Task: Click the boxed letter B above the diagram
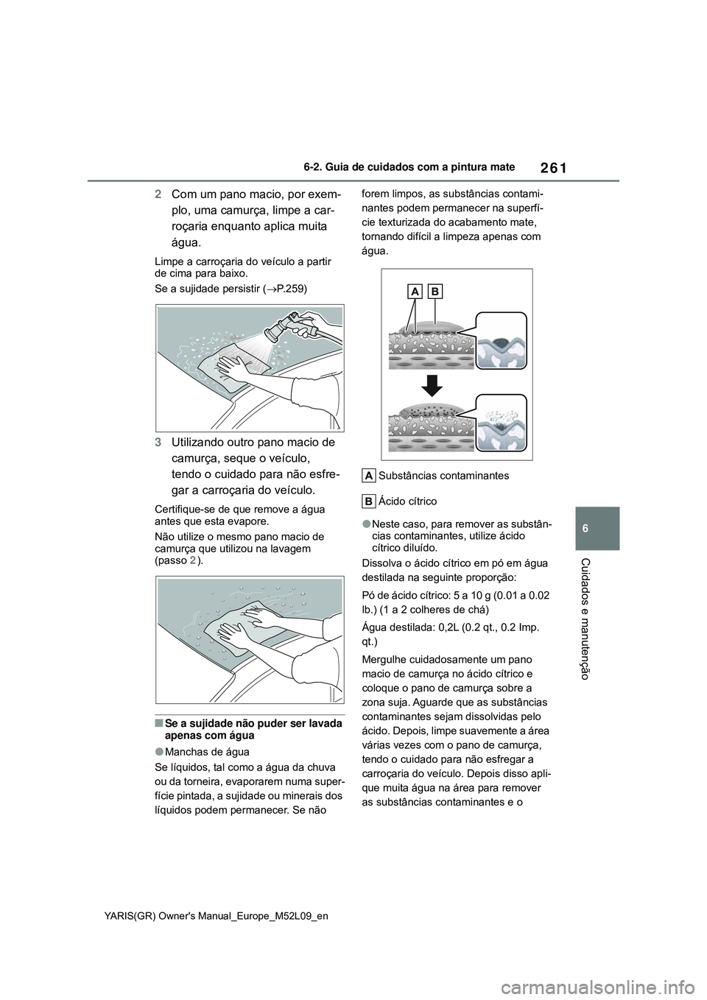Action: [435, 292]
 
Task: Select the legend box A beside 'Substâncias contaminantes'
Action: [370, 475]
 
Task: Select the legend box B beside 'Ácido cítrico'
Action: [370, 501]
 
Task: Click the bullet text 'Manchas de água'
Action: [211, 752]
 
